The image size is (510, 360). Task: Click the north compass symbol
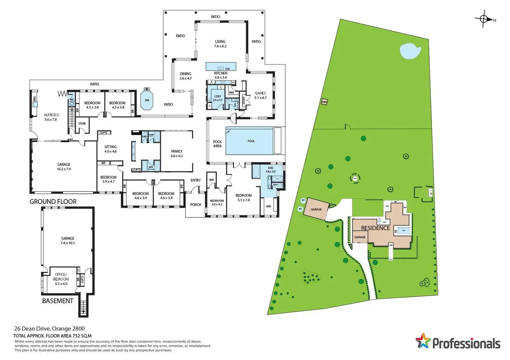pyautogui.click(x=484, y=19)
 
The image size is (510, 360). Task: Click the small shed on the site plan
pyautogui.click(x=324, y=102)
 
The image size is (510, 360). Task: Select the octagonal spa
pyautogui.click(x=147, y=100)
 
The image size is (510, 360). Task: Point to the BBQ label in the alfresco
pyautogui.click(x=34, y=99)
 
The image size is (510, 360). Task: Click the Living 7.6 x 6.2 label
pyautogui.click(x=220, y=44)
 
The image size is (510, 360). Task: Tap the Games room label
pyautogui.click(x=260, y=95)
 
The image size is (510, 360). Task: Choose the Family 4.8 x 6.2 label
pyautogui.click(x=177, y=153)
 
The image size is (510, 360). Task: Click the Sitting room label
pyautogui.click(x=111, y=149)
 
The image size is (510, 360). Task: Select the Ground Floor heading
pyautogui.click(x=53, y=201)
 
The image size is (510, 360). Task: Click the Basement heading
pyautogui.click(x=58, y=301)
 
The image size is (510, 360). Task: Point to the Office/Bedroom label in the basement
pyautogui.click(x=61, y=279)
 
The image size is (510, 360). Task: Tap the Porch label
pyautogui.click(x=196, y=205)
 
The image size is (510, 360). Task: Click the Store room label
pyautogui.click(x=82, y=124)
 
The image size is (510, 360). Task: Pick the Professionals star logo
pyautogui.click(x=423, y=341)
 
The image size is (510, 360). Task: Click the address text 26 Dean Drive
pyautogui.click(x=49, y=328)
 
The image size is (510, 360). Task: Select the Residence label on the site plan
pyautogui.click(x=376, y=228)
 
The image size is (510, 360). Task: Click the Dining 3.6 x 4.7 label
pyautogui.click(x=185, y=76)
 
